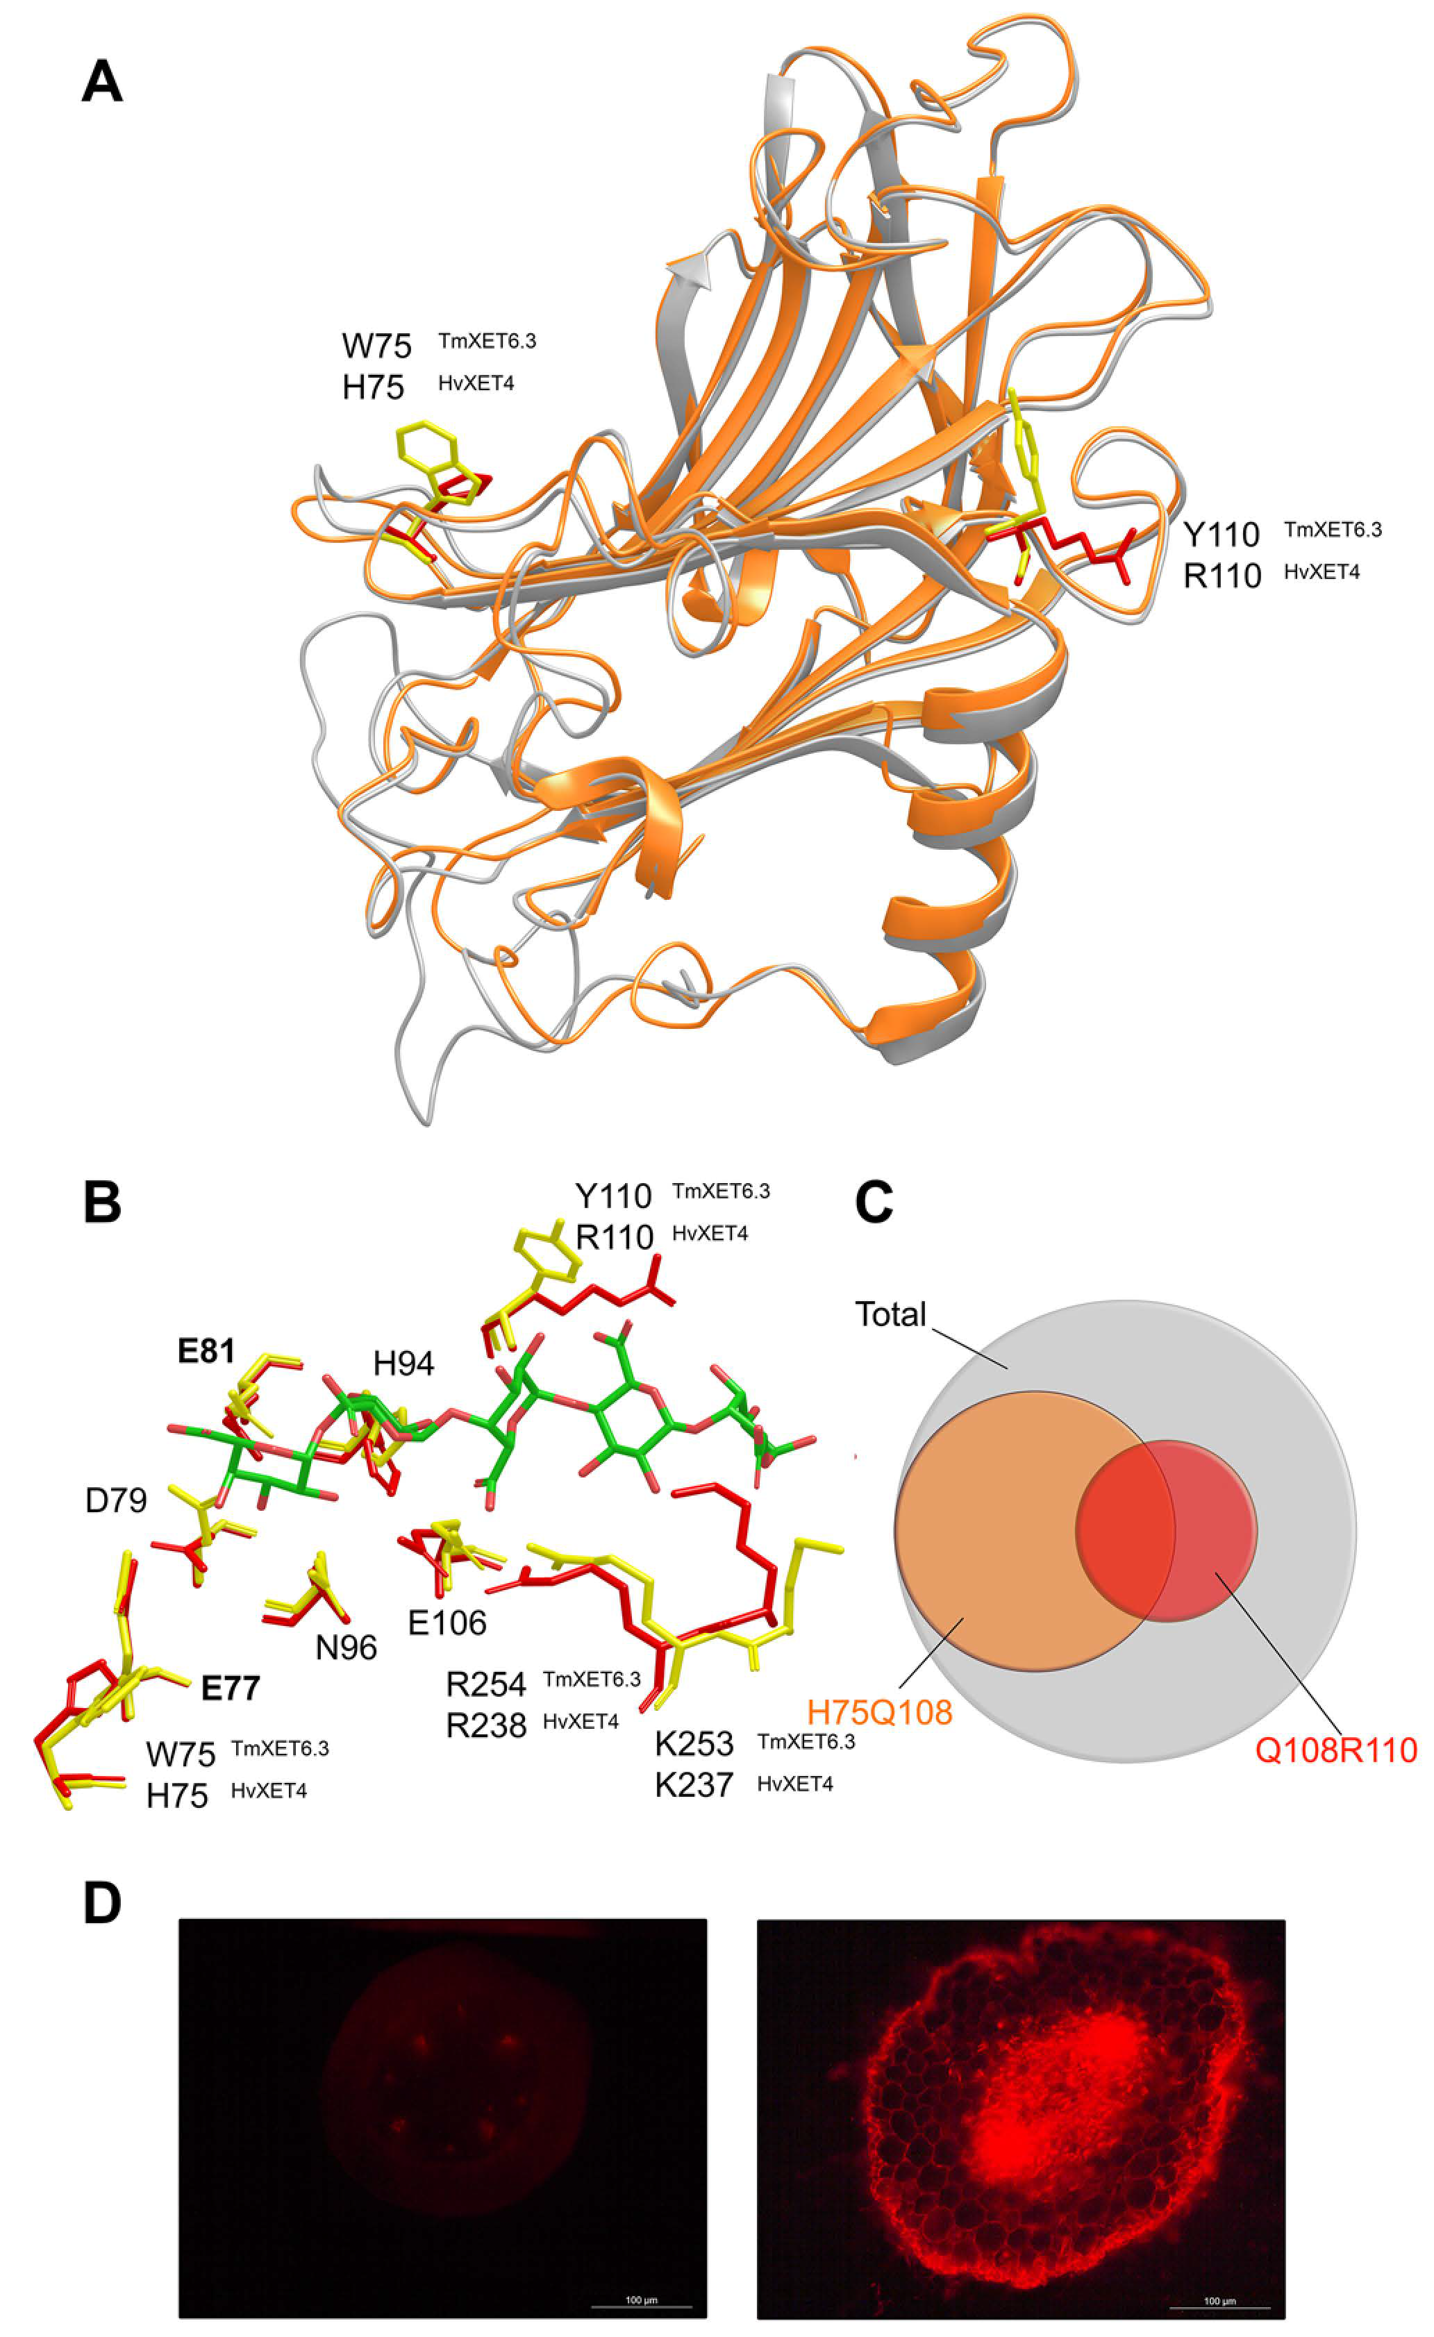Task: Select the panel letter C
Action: pos(874,1202)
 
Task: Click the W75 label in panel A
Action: pos(376,346)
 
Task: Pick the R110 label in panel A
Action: pos(1222,576)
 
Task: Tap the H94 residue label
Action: pos(403,1364)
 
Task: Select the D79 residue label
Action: pos(116,1500)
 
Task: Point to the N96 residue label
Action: pos(346,1648)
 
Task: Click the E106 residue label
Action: pos(447,1623)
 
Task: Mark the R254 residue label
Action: pos(485,1684)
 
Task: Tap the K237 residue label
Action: pos(693,1785)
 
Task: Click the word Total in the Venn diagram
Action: pos(890,1314)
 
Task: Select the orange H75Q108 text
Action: pos(879,1712)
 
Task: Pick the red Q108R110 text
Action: pos(1335,1750)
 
